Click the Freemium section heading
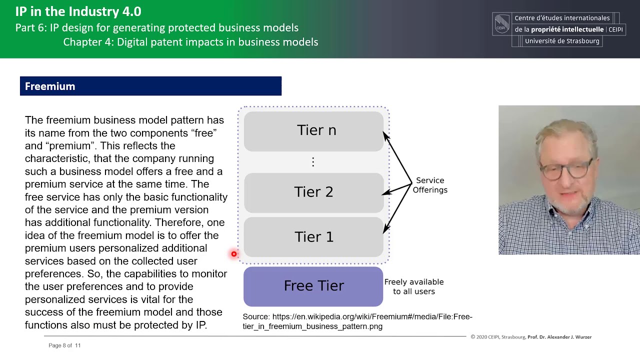[x=50, y=86]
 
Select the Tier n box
[x=313, y=130]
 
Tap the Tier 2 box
[x=313, y=192]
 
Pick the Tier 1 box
[x=313, y=237]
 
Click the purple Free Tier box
[x=313, y=286]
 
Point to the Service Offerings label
[x=429, y=185]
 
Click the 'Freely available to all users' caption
[x=413, y=286]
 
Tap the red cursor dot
[x=233, y=254]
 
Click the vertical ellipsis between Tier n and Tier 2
[x=313, y=162]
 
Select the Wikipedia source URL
[x=357, y=321]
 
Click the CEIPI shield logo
[x=501, y=23]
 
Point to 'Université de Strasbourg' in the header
[x=561, y=41]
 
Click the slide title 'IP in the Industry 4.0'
[x=78, y=11]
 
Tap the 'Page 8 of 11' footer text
[x=64, y=345]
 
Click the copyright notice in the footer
[x=530, y=337]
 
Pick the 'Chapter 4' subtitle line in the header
[x=190, y=42]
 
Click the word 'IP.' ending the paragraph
[x=200, y=325]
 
